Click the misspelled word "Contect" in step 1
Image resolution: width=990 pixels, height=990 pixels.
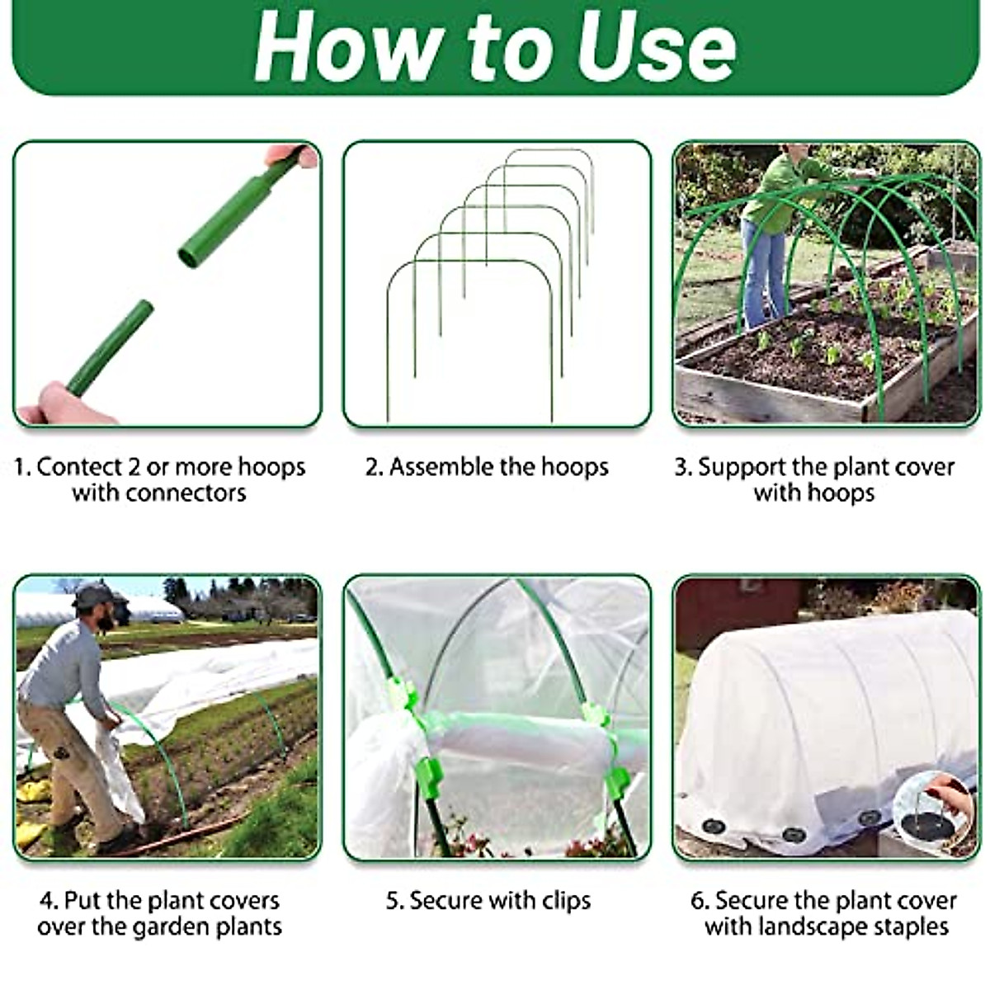(x=79, y=467)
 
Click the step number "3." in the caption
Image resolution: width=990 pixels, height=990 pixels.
(x=683, y=467)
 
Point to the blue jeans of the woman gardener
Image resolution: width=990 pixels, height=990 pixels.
(x=763, y=272)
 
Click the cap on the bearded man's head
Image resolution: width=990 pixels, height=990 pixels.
(x=92, y=595)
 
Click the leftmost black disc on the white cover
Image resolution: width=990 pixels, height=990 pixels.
(x=713, y=827)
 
